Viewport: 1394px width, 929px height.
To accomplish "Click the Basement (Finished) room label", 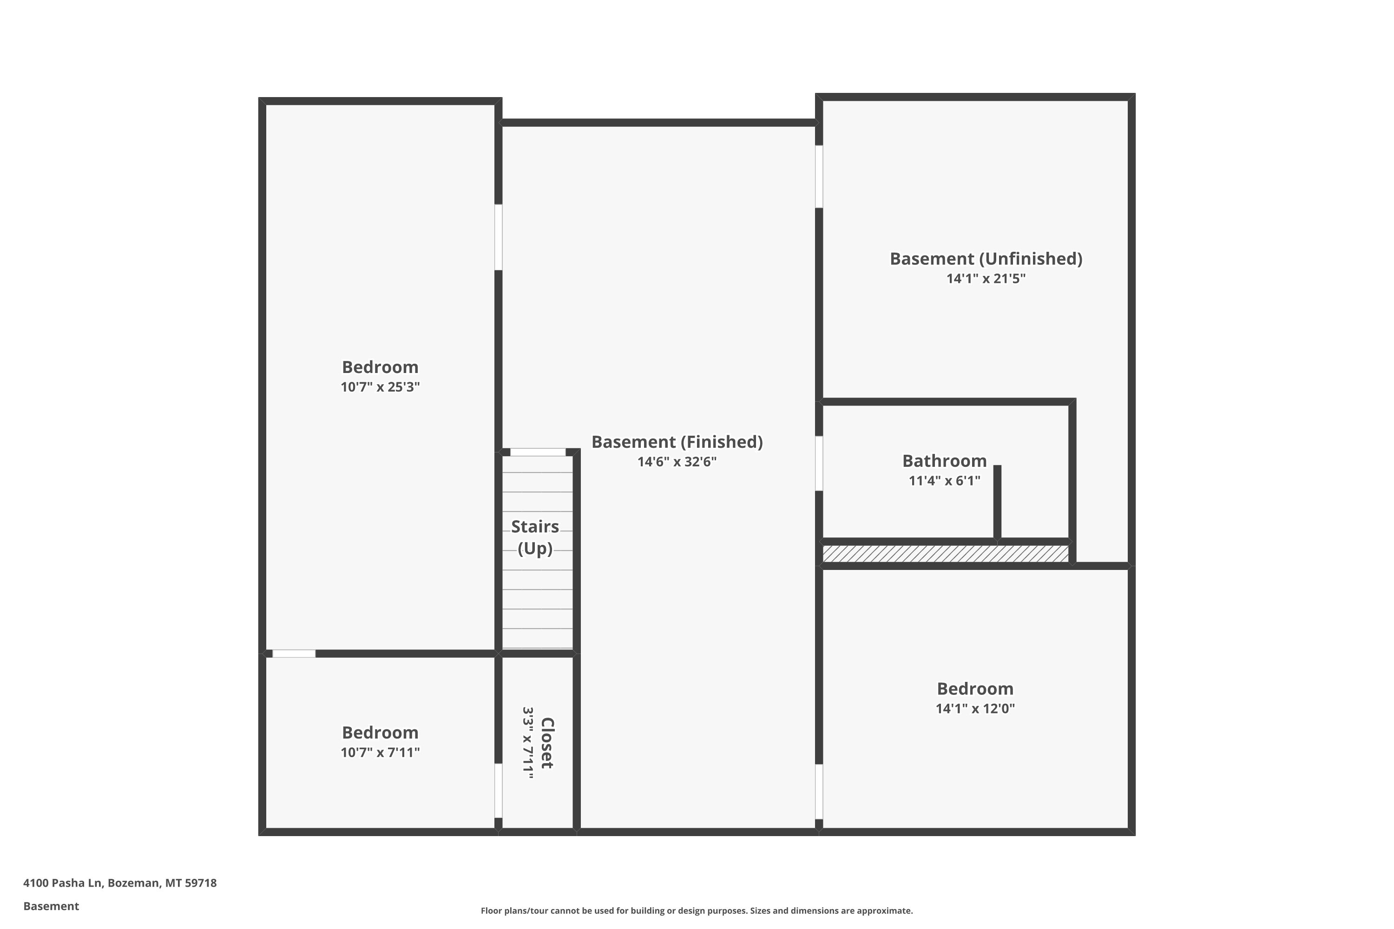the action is [x=677, y=442].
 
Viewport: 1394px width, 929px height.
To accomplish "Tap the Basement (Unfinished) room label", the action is [x=986, y=259].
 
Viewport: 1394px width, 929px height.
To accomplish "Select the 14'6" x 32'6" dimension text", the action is [x=677, y=462].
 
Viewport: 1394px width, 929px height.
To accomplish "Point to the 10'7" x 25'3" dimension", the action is [x=380, y=387].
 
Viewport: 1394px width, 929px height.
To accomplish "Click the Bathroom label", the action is [x=944, y=461].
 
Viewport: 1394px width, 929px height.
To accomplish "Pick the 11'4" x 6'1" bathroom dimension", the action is [x=944, y=480].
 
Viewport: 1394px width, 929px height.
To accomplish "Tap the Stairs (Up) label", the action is [x=535, y=537].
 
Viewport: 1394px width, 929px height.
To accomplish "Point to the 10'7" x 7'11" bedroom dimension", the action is [x=380, y=752].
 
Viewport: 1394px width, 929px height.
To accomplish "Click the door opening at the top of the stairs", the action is [x=538, y=452].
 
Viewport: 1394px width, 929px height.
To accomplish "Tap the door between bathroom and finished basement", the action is [x=819, y=463].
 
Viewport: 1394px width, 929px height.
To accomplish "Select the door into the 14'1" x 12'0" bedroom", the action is [x=819, y=792].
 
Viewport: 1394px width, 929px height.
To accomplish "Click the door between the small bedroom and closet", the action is [x=499, y=791].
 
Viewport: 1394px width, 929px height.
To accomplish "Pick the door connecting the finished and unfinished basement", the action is [x=819, y=177].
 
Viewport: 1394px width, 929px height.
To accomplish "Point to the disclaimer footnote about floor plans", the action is [x=697, y=910].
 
